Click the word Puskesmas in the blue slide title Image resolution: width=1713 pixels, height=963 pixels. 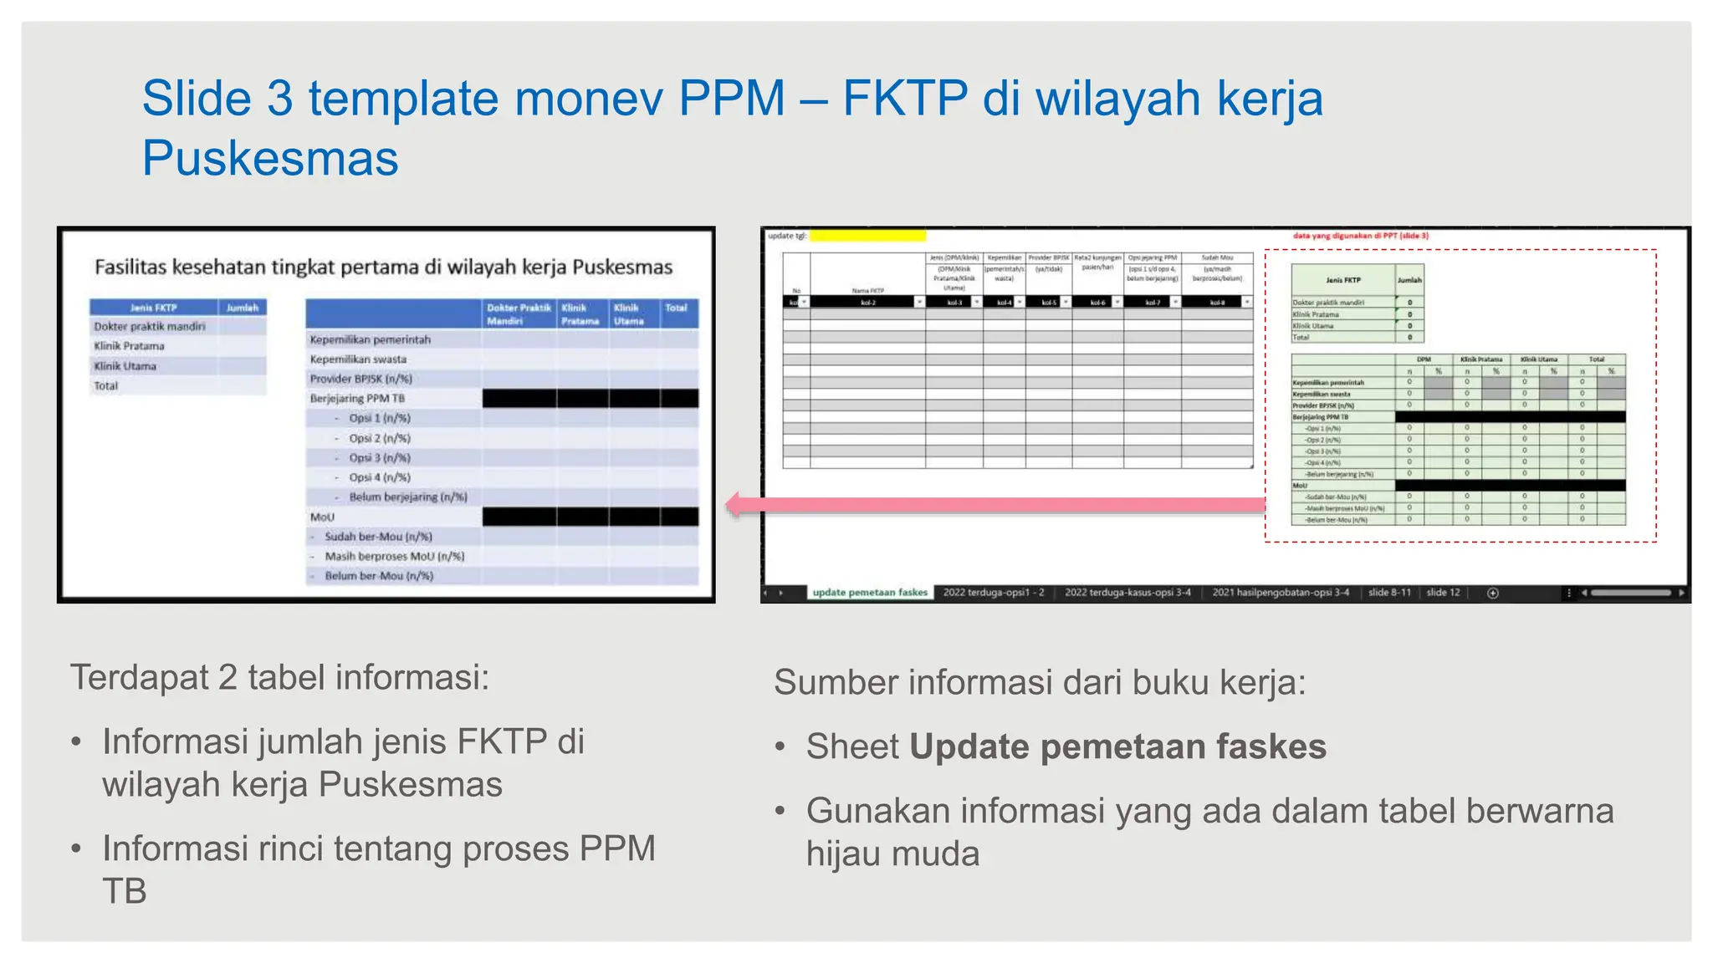pyautogui.click(x=270, y=158)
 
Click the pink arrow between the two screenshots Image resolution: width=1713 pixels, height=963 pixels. pyautogui.click(x=995, y=504)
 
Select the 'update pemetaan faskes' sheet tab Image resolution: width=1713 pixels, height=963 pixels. pyautogui.click(x=870, y=593)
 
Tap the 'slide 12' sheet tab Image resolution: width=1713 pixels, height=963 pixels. pyautogui.click(x=1443, y=593)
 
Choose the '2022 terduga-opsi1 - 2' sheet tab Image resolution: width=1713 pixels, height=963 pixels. pyautogui.click(x=994, y=593)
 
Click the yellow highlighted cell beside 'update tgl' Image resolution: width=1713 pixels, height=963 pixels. pyautogui.click(x=867, y=237)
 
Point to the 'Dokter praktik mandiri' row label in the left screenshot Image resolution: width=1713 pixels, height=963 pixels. pyautogui.click(x=150, y=327)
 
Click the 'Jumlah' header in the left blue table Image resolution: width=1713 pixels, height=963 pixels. pyautogui.click(x=243, y=308)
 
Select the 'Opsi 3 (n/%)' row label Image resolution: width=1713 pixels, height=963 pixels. pyautogui.click(x=380, y=458)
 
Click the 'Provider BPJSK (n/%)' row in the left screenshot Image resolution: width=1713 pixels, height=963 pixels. pyautogui.click(x=360, y=379)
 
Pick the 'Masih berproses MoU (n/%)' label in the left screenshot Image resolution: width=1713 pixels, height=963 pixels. pyautogui.click(x=394, y=557)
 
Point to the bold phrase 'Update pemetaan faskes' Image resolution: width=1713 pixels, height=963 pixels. pyautogui.click(x=1117, y=746)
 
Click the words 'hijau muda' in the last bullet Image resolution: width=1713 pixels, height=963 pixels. pyautogui.click(x=892, y=853)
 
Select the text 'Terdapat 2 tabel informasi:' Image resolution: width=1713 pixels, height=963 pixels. pyautogui.click(x=279, y=677)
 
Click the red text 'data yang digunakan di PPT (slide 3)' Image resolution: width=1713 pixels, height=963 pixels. pyautogui.click(x=1361, y=236)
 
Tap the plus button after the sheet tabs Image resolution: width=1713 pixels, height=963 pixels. pyautogui.click(x=1493, y=593)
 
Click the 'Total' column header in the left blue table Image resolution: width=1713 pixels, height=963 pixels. pyautogui.click(x=676, y=308)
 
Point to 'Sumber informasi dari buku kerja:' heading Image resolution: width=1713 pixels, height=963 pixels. pyautogui.click(x=1040, y=682)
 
